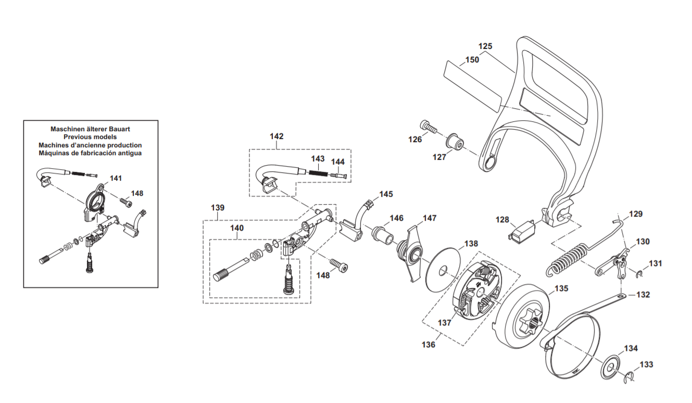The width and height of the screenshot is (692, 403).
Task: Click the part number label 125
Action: (x=485, y=46)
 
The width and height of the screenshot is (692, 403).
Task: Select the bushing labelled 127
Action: (x=455, y=142)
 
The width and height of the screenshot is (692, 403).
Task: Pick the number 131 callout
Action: (x=655, y=263)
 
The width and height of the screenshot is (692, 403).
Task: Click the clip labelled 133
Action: (x=630, y=377)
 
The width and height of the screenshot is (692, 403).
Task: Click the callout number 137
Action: (x=444, y=323)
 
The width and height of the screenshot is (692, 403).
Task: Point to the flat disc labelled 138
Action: (x=442, y=270)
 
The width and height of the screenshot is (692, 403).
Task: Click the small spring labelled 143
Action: (x=318, y=172)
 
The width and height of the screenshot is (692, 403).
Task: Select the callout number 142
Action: (x=276, y=136)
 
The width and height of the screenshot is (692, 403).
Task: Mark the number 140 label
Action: (x=236, y=228)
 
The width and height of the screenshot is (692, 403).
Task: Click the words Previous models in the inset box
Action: (x=90, y=137)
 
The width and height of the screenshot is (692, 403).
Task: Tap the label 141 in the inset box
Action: (x=116, y=178)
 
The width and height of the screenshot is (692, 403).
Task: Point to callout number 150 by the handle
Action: (x=472, y=60)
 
